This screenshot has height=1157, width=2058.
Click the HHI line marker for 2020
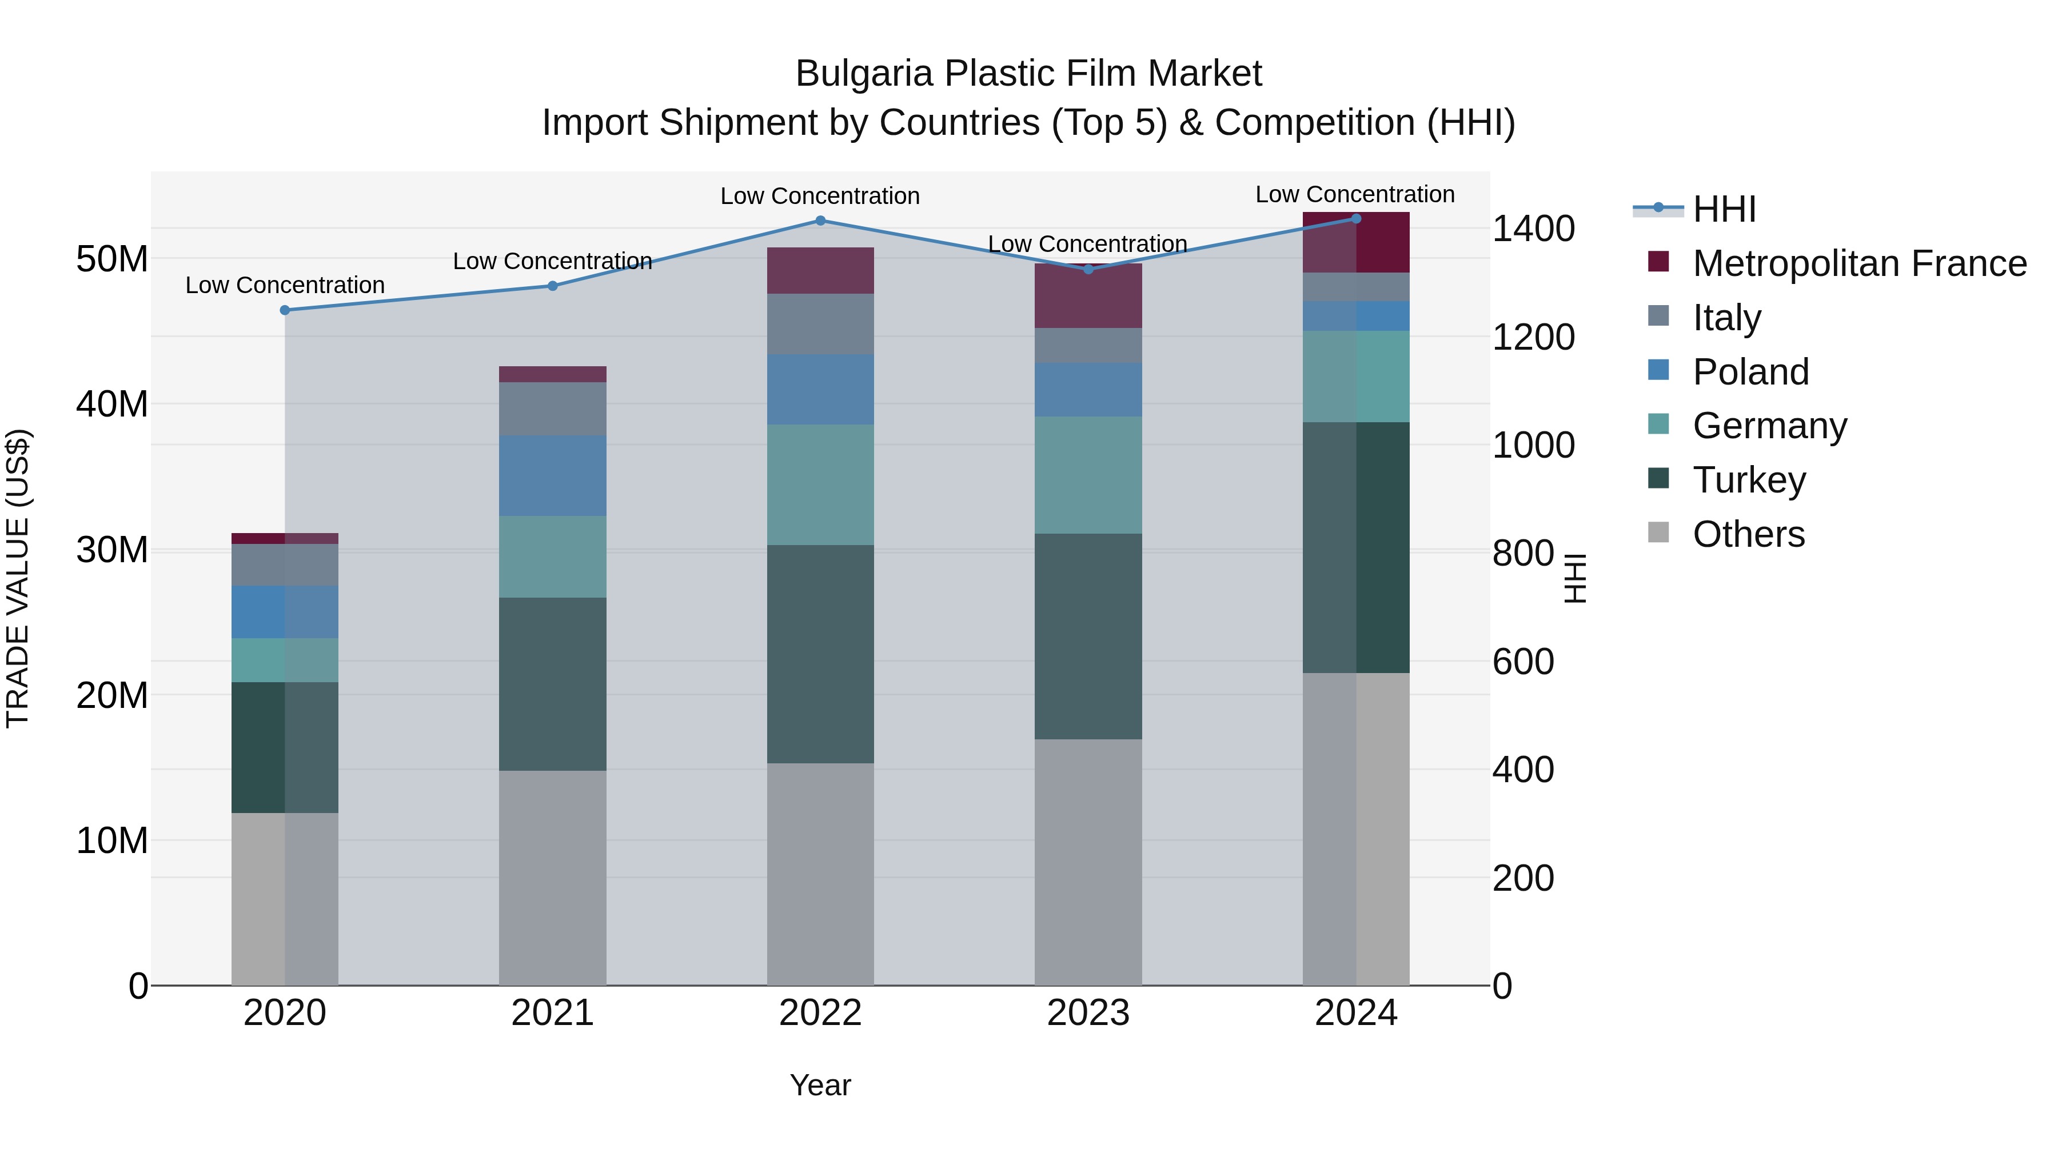(285, 310)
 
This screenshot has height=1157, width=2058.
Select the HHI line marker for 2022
(820, 221)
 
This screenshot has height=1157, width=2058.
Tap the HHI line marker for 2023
(1088, 269)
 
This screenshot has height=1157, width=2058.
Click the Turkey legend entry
(1749, 480)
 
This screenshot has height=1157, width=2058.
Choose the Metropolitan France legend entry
(1859, 263)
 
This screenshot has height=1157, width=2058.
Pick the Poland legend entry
(1750, 372)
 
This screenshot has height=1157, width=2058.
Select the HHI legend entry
(1724, 209)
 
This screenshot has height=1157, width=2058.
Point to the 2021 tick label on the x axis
(552, 1013)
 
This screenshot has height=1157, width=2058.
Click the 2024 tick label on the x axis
(1356, 1013)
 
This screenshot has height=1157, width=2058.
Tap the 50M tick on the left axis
(112, 259)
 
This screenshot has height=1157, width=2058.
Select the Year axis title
(820, 1085)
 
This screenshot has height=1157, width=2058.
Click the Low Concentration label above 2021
(552, 261)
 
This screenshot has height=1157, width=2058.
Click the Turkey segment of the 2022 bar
(820, 654)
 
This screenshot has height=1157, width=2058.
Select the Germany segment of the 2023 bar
(1088, 475)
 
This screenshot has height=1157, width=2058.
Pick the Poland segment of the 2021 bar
(552, 476)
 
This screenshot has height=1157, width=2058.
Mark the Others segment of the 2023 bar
(1088, 862)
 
